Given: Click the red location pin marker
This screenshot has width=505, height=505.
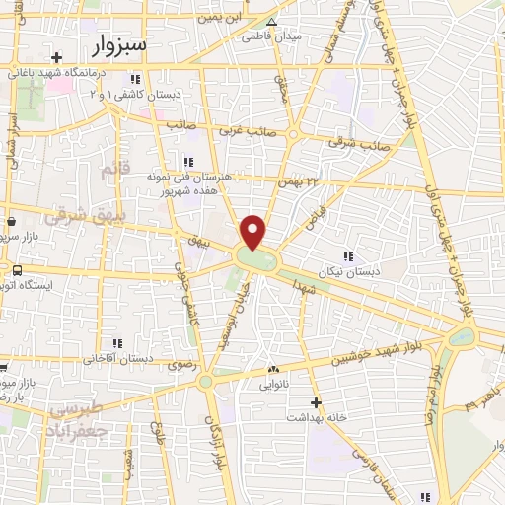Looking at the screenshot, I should click(x=253, y=232).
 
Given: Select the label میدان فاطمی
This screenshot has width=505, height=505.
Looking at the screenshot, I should click(x=273, y=36).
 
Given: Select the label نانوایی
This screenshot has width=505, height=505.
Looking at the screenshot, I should click(x=273, y=386).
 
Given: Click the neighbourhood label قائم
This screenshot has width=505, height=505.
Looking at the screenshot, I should click(x=115, y=170).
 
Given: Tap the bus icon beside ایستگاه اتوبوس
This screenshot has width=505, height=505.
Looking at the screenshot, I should click(x=17, y=269).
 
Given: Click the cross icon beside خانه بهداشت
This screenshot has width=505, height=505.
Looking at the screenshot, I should click(x=316, y=402).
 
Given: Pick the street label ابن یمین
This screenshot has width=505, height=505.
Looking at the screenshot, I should click(x=218, y=18).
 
